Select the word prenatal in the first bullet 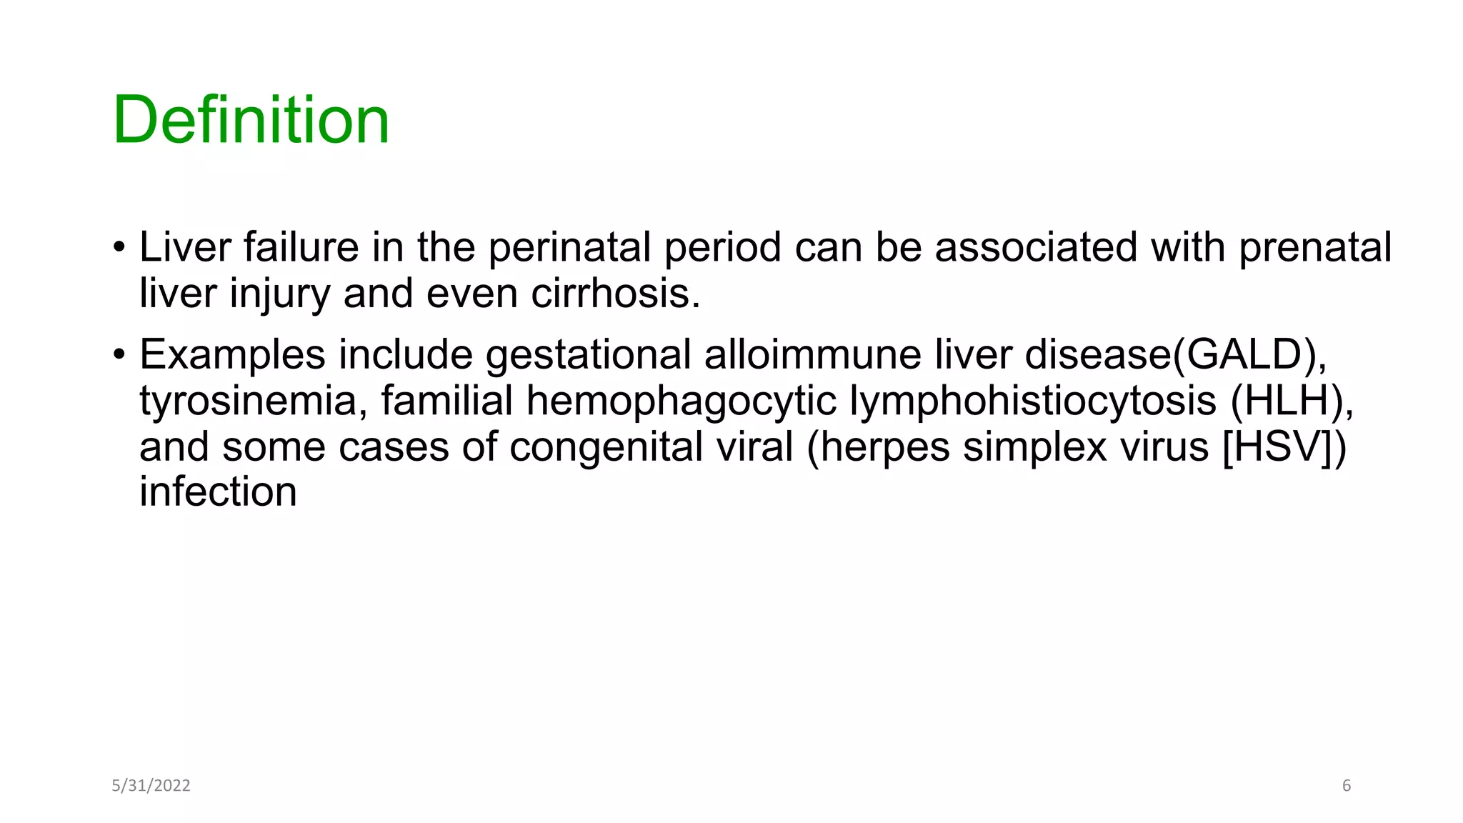coord(1314,247)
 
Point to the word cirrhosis coord(615,293)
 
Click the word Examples coord(232,354)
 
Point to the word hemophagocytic coord(681,400)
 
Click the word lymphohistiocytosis coord(1032,400)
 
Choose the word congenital coord(651,447)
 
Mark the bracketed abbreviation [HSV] coord(1277,447)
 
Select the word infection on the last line coord(218,492)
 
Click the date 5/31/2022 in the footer coord(151,786)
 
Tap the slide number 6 coord(1347,786)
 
